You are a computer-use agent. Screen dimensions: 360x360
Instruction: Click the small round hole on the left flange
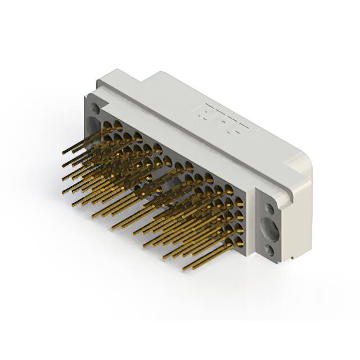pyautogui.click(x=94, y=108)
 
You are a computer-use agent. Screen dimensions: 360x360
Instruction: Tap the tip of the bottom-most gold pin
pyautogui.click(x=184, y=269)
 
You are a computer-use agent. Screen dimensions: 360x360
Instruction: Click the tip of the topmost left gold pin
pyautogui.click(x=64, y=152)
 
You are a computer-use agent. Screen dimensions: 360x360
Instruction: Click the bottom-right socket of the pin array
pyautogui.click(x=238, y=243)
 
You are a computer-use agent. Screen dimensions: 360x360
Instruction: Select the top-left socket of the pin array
pyautogui.click(x=107, y=125)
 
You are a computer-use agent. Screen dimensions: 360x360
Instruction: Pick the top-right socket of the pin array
pyautogui.click(x=229, y=190)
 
